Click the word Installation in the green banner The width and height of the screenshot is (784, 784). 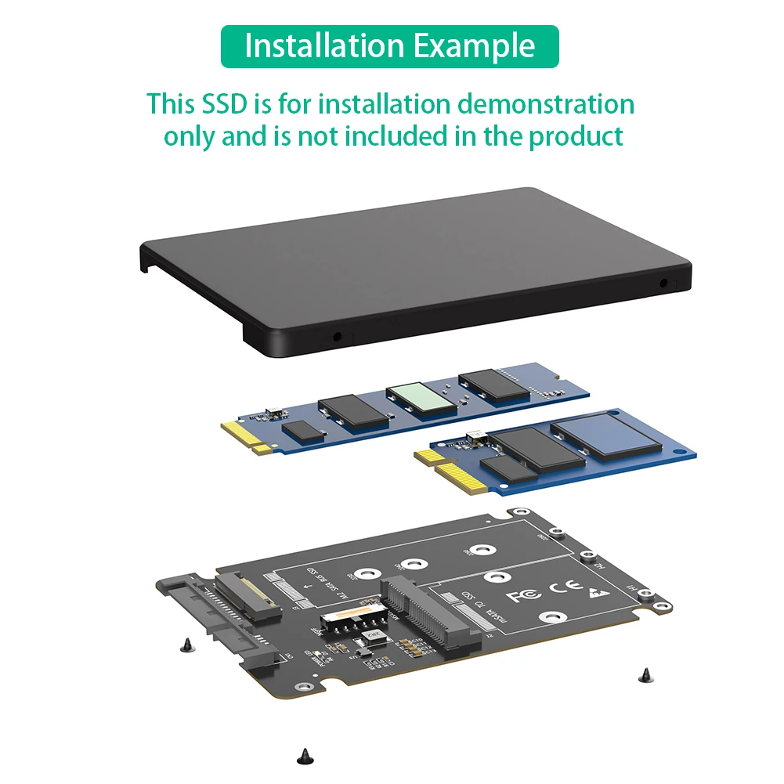(324, 46)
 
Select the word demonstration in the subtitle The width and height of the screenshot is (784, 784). (546, 103)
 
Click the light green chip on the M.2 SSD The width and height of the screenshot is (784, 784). (422, 399)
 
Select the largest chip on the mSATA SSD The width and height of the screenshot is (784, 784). (602, 436)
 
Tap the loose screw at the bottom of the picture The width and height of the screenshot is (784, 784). (304, 756)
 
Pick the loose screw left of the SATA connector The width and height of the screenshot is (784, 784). (186, 645)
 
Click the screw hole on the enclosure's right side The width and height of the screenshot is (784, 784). (664, 284)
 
